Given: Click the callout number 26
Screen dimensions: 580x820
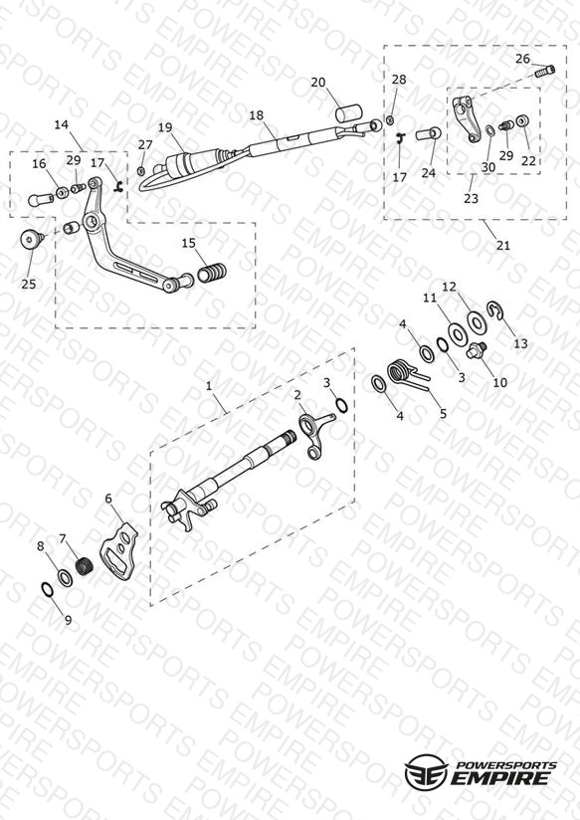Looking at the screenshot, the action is click(522, 59).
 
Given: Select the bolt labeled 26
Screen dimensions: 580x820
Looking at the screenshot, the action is click(544, 71).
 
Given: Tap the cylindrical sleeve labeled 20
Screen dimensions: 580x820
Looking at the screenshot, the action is click(349, 113).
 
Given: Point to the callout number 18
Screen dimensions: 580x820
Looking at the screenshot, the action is click(257, 115).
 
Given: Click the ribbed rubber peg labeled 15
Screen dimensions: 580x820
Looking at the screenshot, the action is click(212, 272).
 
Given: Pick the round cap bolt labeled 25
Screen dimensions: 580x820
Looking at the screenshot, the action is click(32, 240).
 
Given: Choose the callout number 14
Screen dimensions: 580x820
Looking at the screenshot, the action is click(62, 124).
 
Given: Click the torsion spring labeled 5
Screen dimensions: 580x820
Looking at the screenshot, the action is click(408, 373).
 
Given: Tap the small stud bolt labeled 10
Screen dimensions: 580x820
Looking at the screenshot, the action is click(477, 350).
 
